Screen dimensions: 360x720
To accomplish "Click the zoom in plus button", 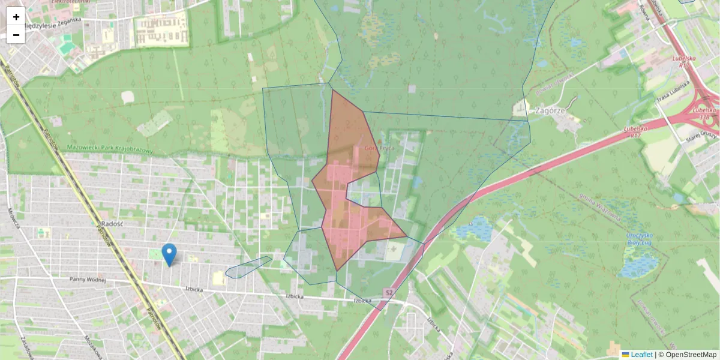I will click(16, 17).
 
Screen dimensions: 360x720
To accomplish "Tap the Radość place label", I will click(112, 223).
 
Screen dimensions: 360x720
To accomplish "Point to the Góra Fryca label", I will click(377, 147).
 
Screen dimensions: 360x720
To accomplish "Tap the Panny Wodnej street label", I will click(88, 280).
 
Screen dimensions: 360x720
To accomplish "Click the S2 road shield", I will click(389, 292).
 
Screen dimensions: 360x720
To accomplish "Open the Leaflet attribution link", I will click(641, 355).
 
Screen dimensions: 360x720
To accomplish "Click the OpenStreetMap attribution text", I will click(690, 355).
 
